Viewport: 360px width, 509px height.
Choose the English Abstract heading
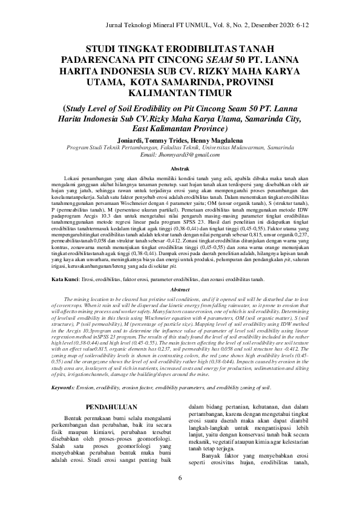180,290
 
